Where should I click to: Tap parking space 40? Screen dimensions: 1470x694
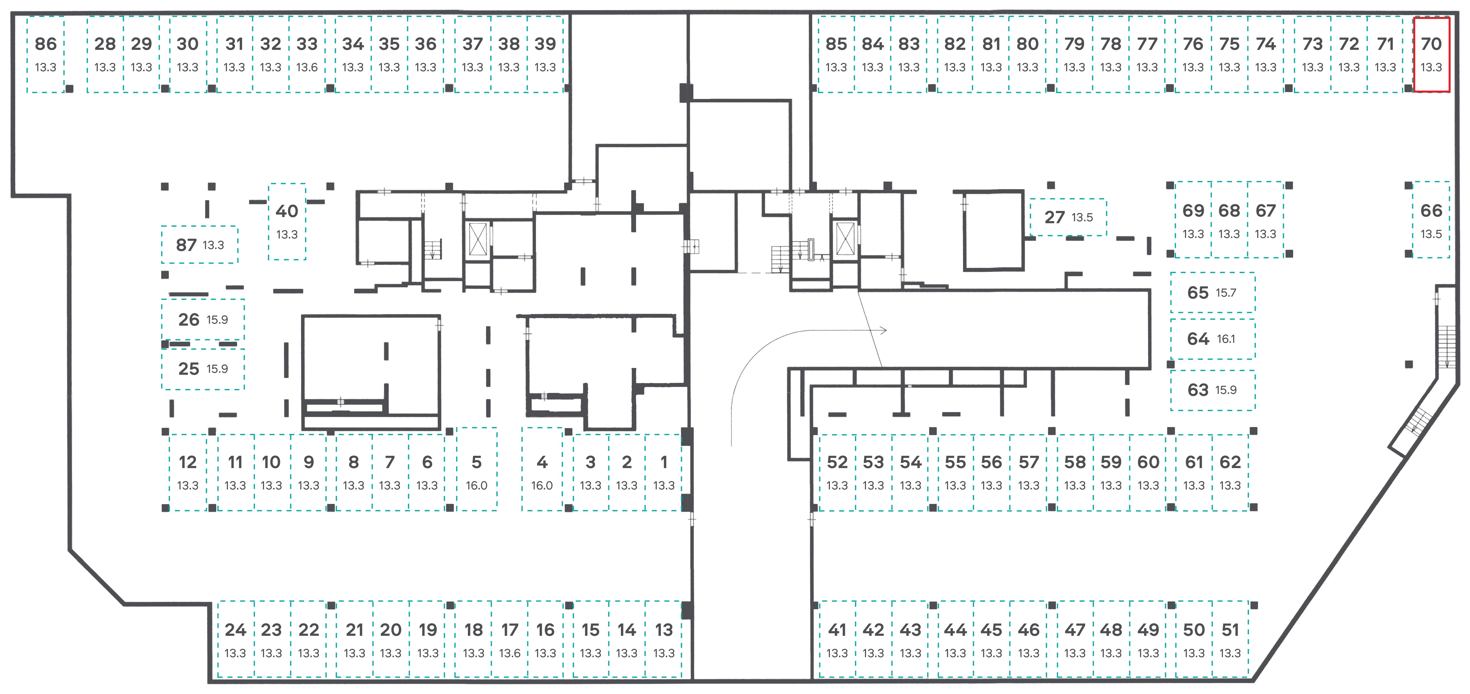287,222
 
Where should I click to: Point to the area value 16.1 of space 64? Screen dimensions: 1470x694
1226,339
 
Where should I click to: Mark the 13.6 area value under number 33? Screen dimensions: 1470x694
307,67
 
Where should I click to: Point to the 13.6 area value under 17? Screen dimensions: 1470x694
510,653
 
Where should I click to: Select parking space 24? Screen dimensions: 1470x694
235,639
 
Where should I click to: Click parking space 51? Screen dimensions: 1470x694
1230,639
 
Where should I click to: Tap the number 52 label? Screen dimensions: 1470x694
837,462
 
